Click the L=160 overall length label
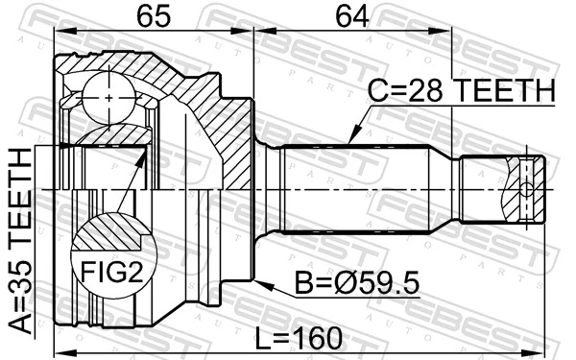tap(300, 337)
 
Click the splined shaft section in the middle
tap(355, 188)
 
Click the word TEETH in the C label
tap(505, 91)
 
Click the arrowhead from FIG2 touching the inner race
tap(143, 154)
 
